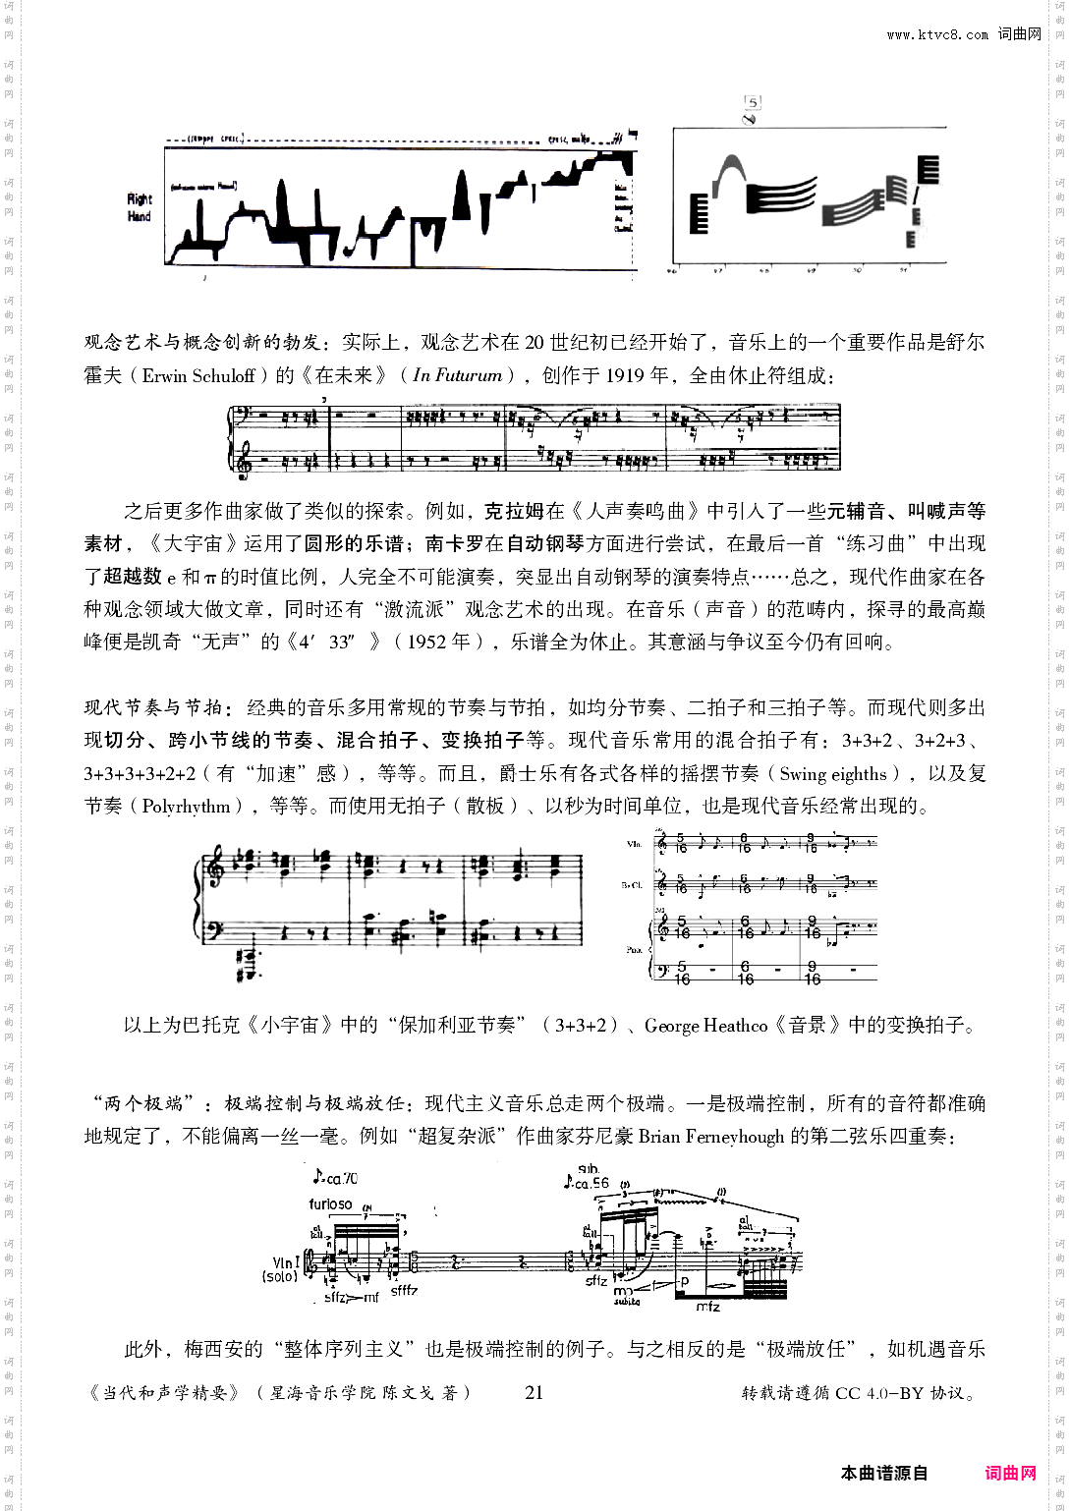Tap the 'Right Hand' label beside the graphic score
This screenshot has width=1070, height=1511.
pyautogui.click(x=140, y=207)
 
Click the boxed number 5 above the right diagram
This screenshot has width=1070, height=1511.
pyautogui.click(x=753, y=102)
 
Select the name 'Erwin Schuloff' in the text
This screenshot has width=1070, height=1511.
pyautogui.click(x=198, y=375)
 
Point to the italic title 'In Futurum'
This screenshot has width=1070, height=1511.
pyautogui.click(x=458, y=375)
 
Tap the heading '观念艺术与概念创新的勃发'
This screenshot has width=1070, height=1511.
pyautogui.click(x=201, y=343)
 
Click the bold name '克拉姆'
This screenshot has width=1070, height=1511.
pyautogui.click(x=515, y=512)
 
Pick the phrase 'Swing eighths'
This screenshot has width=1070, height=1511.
pyautogui.click(x=833, y=774)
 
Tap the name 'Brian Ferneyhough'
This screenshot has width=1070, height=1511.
pyautogui.click(x=711, y=1137)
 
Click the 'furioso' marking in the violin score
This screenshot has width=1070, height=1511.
pyautogui.click(x=330, y=1203)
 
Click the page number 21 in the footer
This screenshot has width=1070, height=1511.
pyautogui.click(x=535, y=1392)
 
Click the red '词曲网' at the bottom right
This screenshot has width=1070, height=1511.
pyautogui.click(x=1011, y=1473)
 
